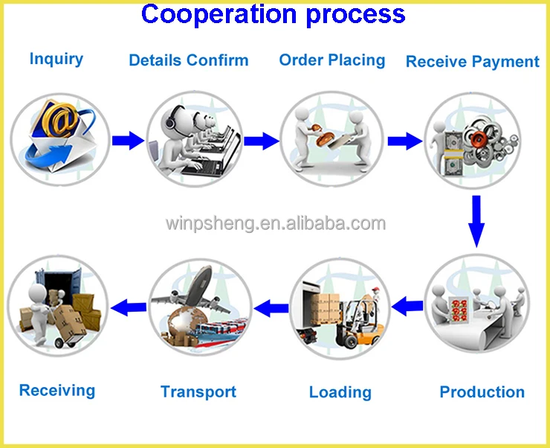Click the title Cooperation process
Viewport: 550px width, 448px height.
[274, 14]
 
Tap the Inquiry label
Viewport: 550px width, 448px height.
[56, 59]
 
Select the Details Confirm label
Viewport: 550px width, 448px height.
[189, 60]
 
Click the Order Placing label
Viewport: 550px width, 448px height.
[332, 60]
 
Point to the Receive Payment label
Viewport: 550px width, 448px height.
[473, 62]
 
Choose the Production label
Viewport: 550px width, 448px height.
[482, 391]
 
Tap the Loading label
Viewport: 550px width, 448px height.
[340, 392]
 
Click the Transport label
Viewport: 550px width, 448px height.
[198, 391]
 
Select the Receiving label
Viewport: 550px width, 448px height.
[57, 390]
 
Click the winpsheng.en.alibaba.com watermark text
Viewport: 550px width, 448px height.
[275, 223]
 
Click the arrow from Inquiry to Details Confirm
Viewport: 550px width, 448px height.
[127, 140]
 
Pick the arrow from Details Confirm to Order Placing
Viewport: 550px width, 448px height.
[261, 140]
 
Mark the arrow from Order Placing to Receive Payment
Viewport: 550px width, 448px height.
[404, 140]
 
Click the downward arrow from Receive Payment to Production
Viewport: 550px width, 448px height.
[476, 220]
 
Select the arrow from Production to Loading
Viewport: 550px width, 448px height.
[407, 304]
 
